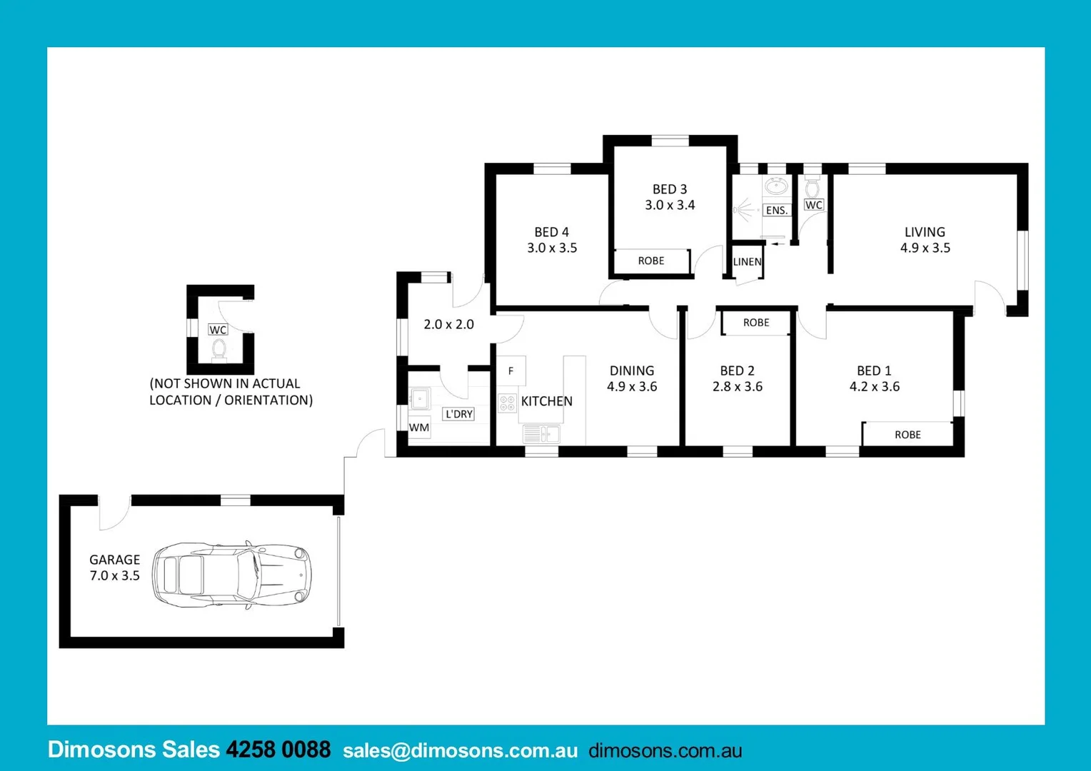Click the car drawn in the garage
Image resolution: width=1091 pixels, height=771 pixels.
coord(232,574)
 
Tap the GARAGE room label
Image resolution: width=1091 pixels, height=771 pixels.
coord(114,560)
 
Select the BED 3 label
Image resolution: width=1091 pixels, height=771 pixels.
coord(669,189)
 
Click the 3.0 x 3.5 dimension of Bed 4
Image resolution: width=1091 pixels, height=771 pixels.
coord(552,248)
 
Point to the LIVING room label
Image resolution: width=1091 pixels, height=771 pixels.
coord(925,232)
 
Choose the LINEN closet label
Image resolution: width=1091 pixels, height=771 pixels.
coord(748,262)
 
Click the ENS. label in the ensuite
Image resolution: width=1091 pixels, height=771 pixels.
coord(777,211)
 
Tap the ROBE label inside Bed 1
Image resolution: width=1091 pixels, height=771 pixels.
coord(908,435)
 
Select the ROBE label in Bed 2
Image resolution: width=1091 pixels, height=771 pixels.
coord(756,323)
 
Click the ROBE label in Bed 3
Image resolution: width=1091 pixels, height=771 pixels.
coord(651,261)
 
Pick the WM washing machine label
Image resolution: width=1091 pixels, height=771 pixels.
coord(419,428)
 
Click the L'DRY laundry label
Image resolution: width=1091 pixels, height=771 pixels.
coord(458,414)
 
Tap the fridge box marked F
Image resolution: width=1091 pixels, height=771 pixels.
coord(511,371)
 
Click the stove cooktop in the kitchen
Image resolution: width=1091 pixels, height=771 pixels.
coord(507,403)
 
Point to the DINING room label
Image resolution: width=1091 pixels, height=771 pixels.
coord(632,371)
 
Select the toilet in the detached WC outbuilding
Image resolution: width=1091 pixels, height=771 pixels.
coord(218,350)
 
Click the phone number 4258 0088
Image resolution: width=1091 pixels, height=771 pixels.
coord(278,750)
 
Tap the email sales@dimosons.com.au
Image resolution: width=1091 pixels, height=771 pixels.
coord(460,751)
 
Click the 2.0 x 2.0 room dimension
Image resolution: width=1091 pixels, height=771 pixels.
coord(448,324)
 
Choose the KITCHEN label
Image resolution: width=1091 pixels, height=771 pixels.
coord(547,401)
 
